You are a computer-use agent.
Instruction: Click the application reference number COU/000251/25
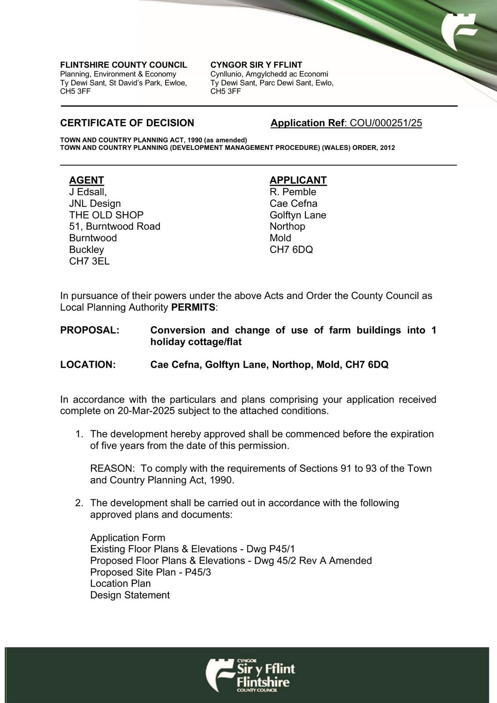(x=386, y=123)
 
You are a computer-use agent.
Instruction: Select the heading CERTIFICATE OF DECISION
(x=127, y=123)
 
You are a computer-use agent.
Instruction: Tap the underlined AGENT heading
(x=87, y=180)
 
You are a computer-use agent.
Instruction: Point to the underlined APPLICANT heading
(x=298, y=180)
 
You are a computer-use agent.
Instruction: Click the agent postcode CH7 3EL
(x=89, y=261)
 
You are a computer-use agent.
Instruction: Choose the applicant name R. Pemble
(x=293, y=192)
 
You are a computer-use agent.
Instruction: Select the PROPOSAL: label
(x=90, y=330)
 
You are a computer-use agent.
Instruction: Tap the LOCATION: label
(x=88, y=365)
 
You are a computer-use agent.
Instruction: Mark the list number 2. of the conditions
(x=79, y=503)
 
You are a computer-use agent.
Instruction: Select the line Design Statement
(x=130, y=595)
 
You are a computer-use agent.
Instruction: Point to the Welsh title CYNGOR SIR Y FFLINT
(x=256, y=65)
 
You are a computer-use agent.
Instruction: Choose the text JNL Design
(x=95, y=203)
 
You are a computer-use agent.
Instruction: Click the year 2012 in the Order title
(x=388, y=148)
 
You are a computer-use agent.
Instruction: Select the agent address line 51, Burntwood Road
(x=115, y=226)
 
